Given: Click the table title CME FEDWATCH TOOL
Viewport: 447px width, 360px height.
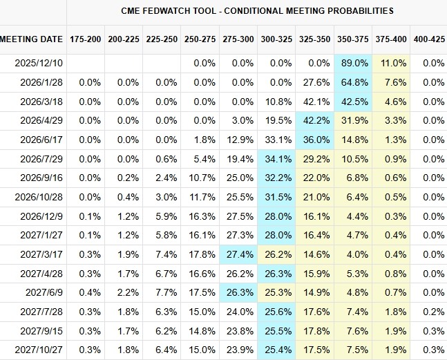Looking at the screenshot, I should tap(256, 11).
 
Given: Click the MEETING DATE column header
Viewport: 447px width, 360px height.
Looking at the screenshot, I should tap(31, 39).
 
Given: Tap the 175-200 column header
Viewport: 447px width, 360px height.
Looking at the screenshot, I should tap(86, 39).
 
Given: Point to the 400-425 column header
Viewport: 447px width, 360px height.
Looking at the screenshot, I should tap(429, 39).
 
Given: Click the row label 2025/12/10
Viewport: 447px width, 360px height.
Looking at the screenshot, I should tap(38, 63).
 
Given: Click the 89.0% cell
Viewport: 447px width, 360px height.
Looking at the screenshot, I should tap(354, 63).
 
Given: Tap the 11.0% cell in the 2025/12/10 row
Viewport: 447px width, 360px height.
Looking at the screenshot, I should tap(392, 63).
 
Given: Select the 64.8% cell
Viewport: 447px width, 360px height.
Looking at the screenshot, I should tap(354, 81).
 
